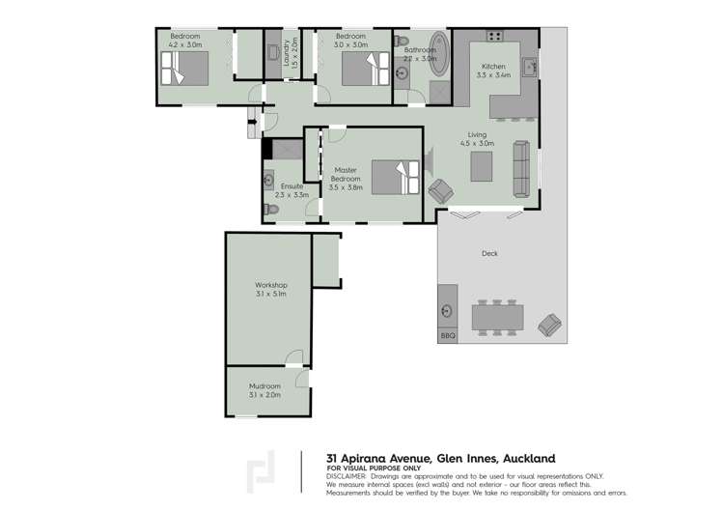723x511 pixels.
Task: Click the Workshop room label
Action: pos(270,290)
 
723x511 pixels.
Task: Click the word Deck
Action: pos(489,254)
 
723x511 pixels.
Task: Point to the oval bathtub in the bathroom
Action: pos(439,55)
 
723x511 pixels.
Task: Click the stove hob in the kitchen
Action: pos(495,37)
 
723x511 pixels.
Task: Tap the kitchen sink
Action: pos(530,67)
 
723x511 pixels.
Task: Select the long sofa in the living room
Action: pos(521,166)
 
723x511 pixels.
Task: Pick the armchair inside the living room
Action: pos(440,191)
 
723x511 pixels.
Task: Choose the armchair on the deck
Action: pos(549,325)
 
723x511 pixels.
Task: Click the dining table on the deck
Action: pos(498,317)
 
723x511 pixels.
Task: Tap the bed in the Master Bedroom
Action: pos(393,177)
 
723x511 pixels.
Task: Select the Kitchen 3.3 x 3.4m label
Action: pos(494,71)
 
